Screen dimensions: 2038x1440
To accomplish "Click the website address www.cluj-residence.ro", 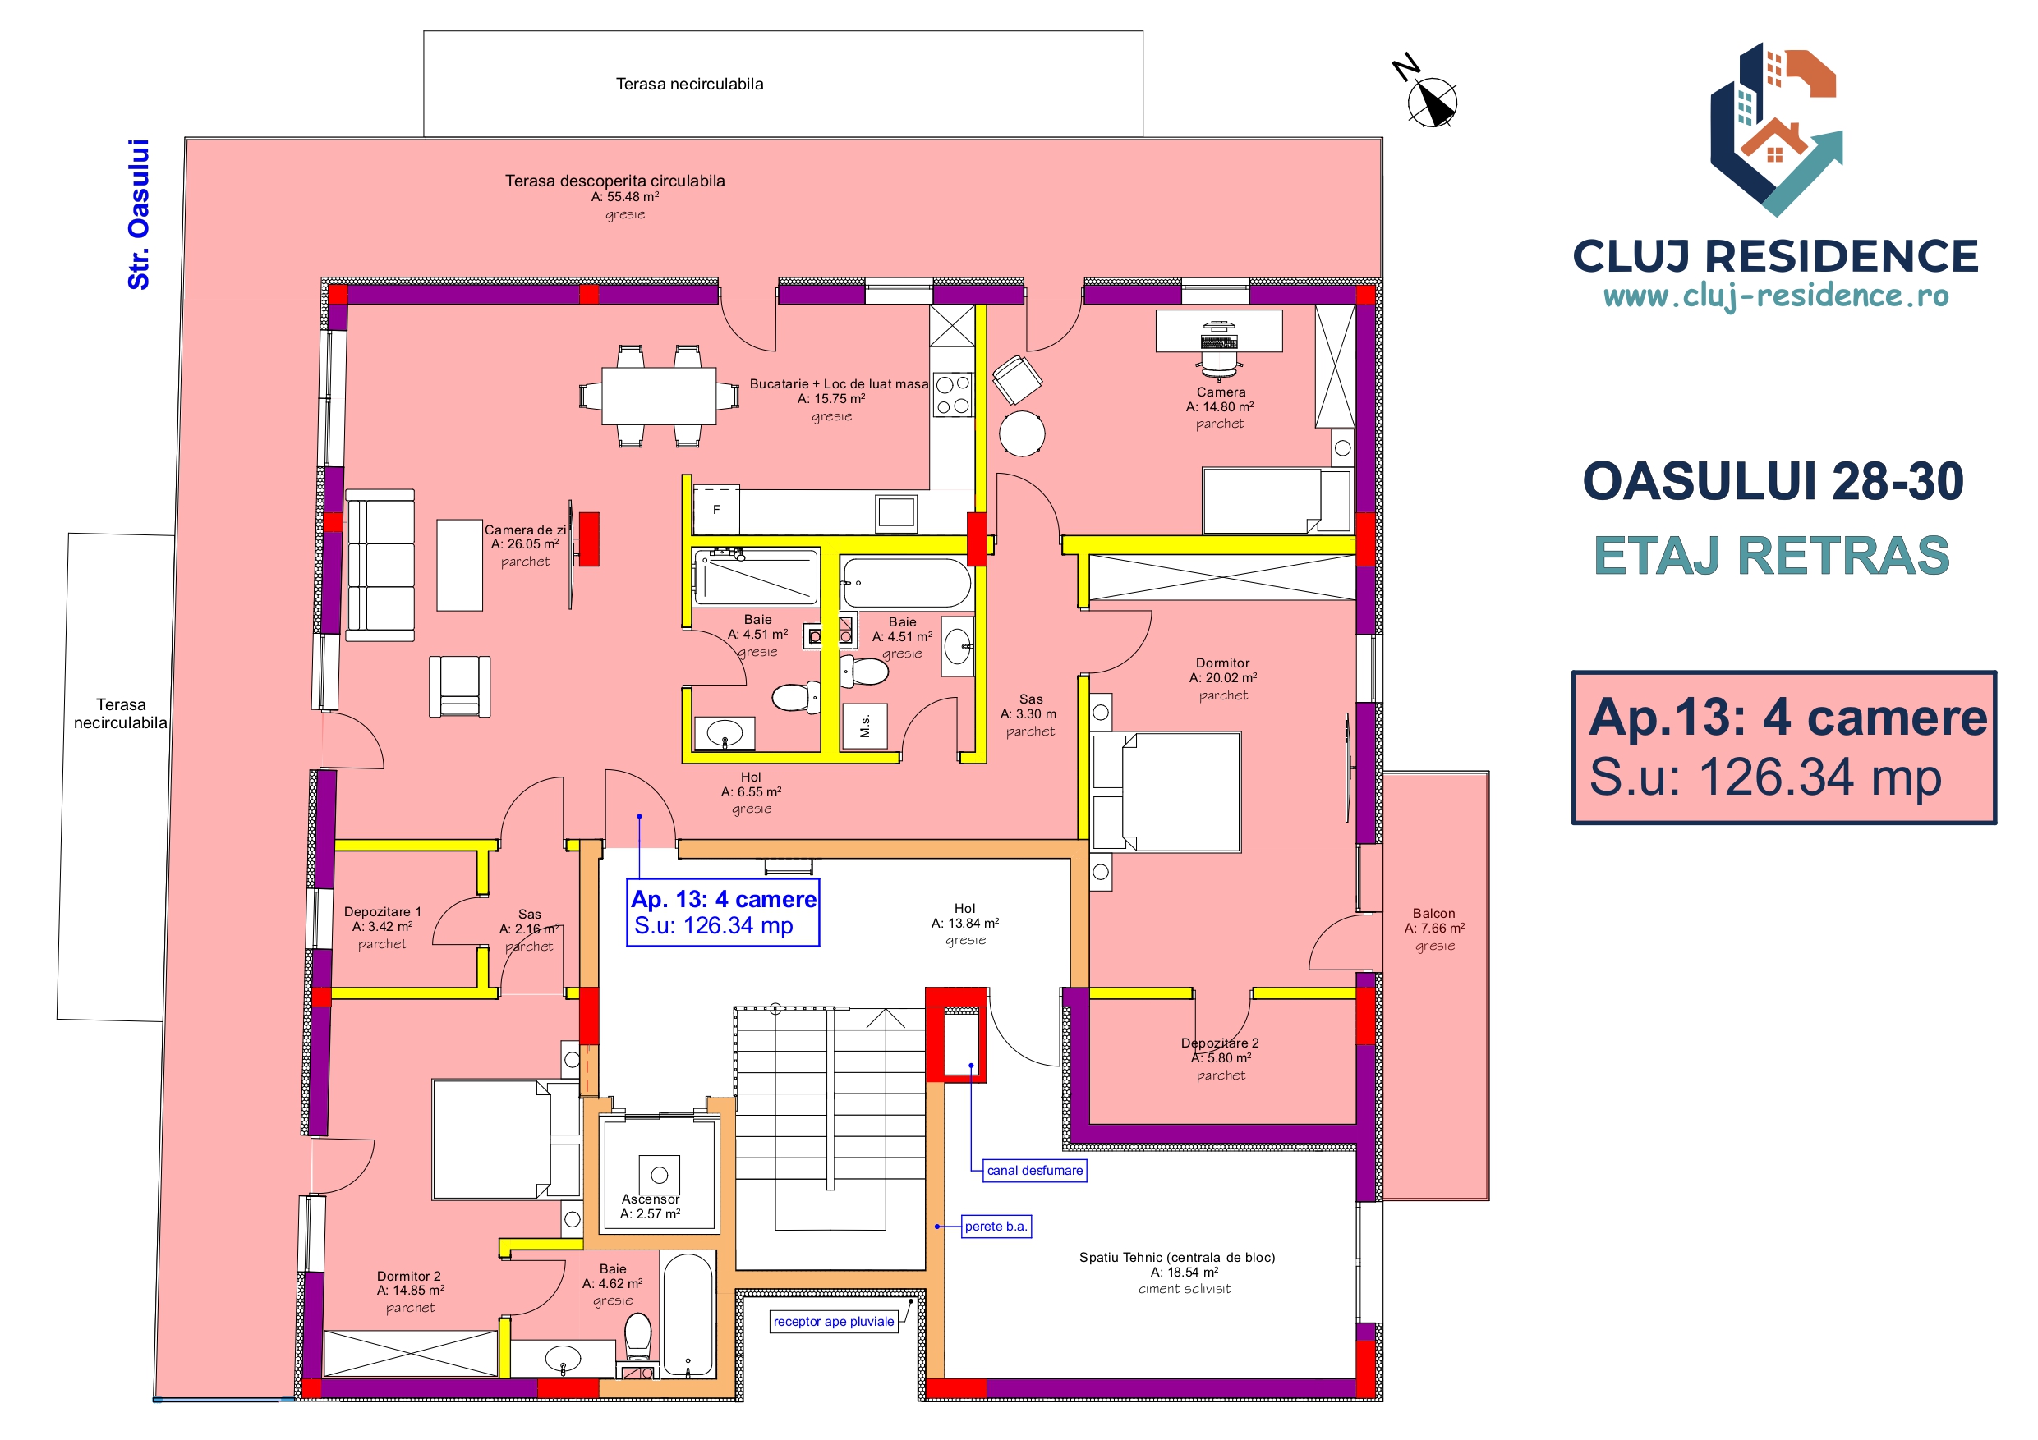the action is (x=1776, y=296).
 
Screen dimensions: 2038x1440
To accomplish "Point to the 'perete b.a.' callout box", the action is (x=996, y=1227).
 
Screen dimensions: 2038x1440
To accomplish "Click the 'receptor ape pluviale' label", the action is (x=834, y=1321).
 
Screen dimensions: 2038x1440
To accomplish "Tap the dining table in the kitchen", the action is (x=659, y=396).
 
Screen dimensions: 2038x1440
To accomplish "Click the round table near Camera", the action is (x=1022, y=433).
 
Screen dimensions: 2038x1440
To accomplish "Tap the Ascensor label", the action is (x=650, y=1199).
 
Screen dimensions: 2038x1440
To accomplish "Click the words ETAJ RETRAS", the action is (x=1772, y=556).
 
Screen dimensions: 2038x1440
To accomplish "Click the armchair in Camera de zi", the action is (x=460, y=686).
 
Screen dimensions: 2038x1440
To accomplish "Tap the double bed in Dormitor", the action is (x=1166, y=791).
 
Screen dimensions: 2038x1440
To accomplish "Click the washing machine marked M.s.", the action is (x=866, y=726).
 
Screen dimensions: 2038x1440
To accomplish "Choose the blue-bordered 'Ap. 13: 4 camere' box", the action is (x=723, y=912).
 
